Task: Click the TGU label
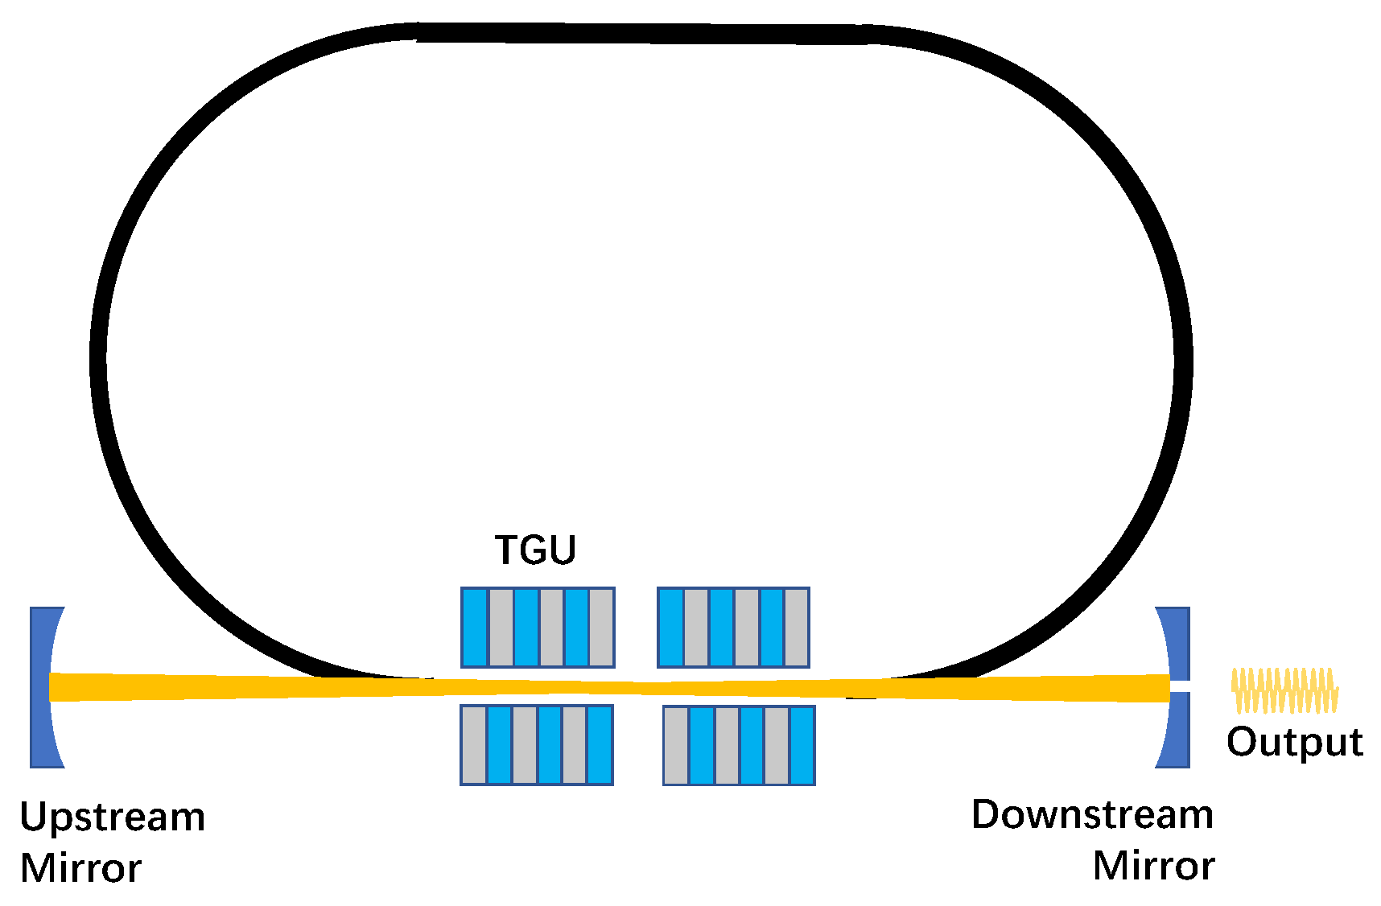coord(535,550)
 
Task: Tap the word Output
coord(1294,742)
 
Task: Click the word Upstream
coord(113,817)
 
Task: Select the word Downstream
coord(1092,815)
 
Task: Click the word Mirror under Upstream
coord(81,869)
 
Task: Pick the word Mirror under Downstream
coord(1153,867)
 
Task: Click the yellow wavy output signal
coord(1284,690)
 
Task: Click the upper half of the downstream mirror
coord(1176,642)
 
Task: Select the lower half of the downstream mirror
coord(1176,731)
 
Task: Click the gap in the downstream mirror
coord(1180,686)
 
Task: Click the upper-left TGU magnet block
coord(538,628)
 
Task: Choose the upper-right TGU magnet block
coord(733,628)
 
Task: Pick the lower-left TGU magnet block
coord(537,745)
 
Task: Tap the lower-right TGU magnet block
coord(739,745)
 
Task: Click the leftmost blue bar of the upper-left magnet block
coord(475,628)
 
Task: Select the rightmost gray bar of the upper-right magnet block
coord(796,628)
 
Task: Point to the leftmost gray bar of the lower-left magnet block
coord(474,745)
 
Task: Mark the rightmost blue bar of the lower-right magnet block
coord(802,745)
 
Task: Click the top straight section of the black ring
coord(644,34)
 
